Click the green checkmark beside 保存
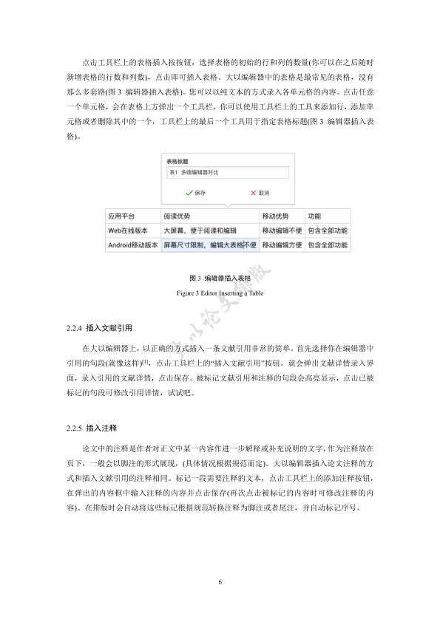point(189,192)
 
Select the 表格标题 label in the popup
point(177,160)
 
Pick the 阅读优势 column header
point(177,216)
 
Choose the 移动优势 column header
point(275,216)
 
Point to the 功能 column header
point(314,216)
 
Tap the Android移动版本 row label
point(133,244)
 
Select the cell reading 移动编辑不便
point(282,230)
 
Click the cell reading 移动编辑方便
point(282,244)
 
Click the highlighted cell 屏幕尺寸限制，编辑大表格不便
point(210,244)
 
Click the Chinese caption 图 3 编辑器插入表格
point(220,278)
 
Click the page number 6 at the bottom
point(220,582)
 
